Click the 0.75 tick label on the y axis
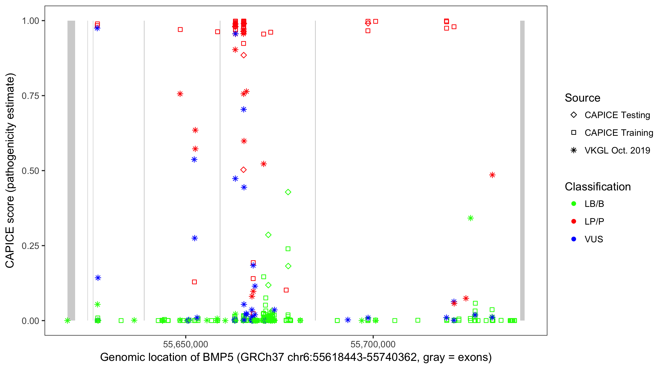(x=30, y=96)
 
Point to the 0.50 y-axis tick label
(x=30, y=171)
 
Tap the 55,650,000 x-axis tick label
(x=185, y=344)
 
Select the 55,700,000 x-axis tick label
(x=373, y=344)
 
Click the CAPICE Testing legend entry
(x=617, y=115)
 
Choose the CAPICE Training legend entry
(x=618, y=133)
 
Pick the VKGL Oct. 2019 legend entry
(x=617, y=150)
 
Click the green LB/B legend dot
(x=574, y=204)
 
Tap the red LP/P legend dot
(x=574, y=221)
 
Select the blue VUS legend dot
(x=574, y=239)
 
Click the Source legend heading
(x=582, y=98)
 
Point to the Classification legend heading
(x=598, y=187)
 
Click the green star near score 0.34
(x=470, y=218)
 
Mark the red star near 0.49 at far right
(x=492, y=175)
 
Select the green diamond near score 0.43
(x=288, y=192)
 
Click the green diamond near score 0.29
(x=268, y=235)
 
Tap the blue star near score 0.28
(x=195, y=238)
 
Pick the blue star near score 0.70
(x=243, y=109)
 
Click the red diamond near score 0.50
(x=243, y=170)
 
